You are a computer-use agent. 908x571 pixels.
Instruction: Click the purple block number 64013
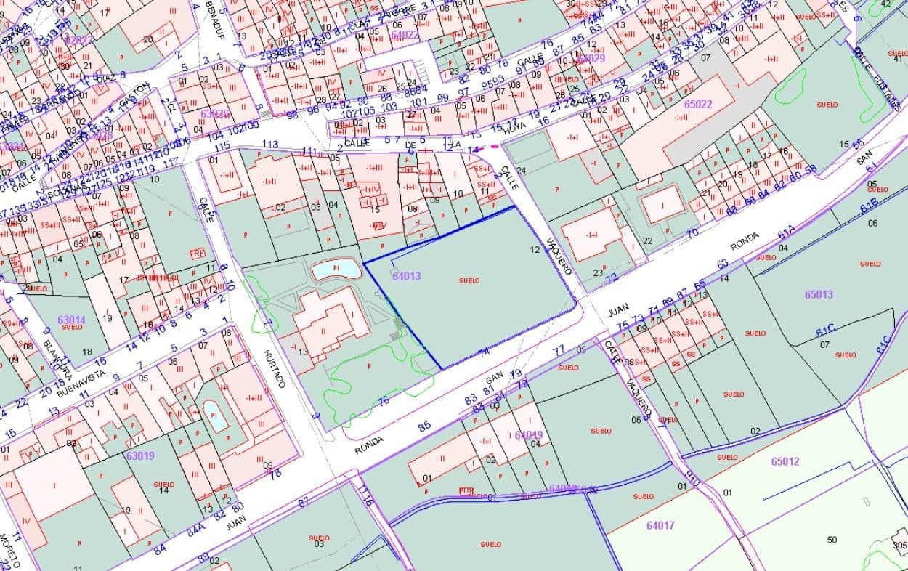pyautogui.click(x=406, y=276)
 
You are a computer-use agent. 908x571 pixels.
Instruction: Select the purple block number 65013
pyautogui.click(x=819, y=294)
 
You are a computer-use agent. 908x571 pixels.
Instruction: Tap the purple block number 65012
pyautogui.click(x=785, y=461)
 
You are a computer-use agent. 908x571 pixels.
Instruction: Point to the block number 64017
pyautogui.click(x=660, y=525)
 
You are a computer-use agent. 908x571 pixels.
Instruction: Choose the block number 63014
pyautogui.click(x=70, y=319)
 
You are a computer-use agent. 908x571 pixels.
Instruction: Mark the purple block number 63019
pyautogui.click(x=139, y=455)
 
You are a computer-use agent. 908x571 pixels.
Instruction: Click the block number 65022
pyautogui.click(x=698, y=103)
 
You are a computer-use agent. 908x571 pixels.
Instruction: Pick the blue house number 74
pyautogui.click(x=485, y=352)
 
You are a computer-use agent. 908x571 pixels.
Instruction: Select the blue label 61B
pyautogui.click(x=869, y=205)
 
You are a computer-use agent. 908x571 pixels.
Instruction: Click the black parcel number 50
pyautogui.click(x=832, y=539)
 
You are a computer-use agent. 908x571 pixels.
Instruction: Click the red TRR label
pyautogui.click(x=197, y=253)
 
